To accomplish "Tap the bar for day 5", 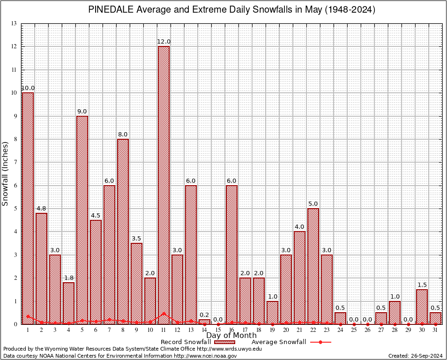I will pyautogui.click(x=82, y=220).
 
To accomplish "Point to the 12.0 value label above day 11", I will pyautogui.click(x=164, y=42).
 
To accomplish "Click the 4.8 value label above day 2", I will pyautogui.click(x=41, y=209).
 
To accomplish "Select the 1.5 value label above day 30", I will pyautogui.click(x=422, y=285).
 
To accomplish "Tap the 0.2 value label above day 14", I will pyautogui.click(x=204, y=315).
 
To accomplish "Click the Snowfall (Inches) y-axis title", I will pyautogui.click(x=6, y=173).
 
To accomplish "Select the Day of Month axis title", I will pyautogui.click(x=231, y=336).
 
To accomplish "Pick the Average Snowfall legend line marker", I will pyautogui.click(x=320, y=342).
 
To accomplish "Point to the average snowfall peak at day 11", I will pyautogui.click(x=164, y=313).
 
